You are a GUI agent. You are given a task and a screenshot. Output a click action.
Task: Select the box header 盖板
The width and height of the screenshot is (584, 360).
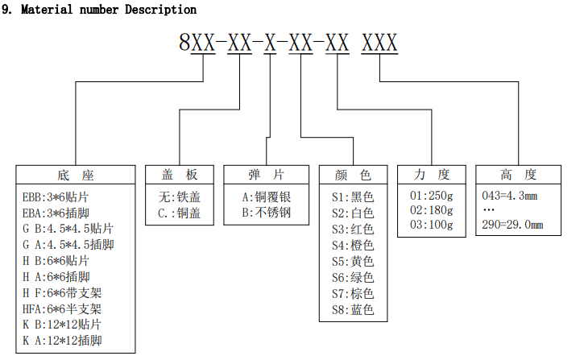point(180,175)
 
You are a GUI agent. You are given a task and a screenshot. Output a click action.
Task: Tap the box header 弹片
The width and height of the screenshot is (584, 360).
point(267,175)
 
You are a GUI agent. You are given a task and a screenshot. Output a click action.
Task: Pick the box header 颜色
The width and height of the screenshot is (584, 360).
point(353,175)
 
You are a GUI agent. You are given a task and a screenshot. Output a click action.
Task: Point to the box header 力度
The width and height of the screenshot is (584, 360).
point(432,175)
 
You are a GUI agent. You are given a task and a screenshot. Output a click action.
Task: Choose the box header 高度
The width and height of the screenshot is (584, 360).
point(518,175)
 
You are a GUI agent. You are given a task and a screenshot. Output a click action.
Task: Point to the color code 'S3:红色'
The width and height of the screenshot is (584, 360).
point(353,229)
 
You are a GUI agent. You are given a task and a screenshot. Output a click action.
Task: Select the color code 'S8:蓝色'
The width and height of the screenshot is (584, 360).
point(353,309)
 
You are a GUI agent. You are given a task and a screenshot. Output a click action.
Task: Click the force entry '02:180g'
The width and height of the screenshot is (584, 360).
point(432,210)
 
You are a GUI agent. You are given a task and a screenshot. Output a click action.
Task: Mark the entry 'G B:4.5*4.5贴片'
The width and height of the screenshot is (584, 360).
point(68,228)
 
